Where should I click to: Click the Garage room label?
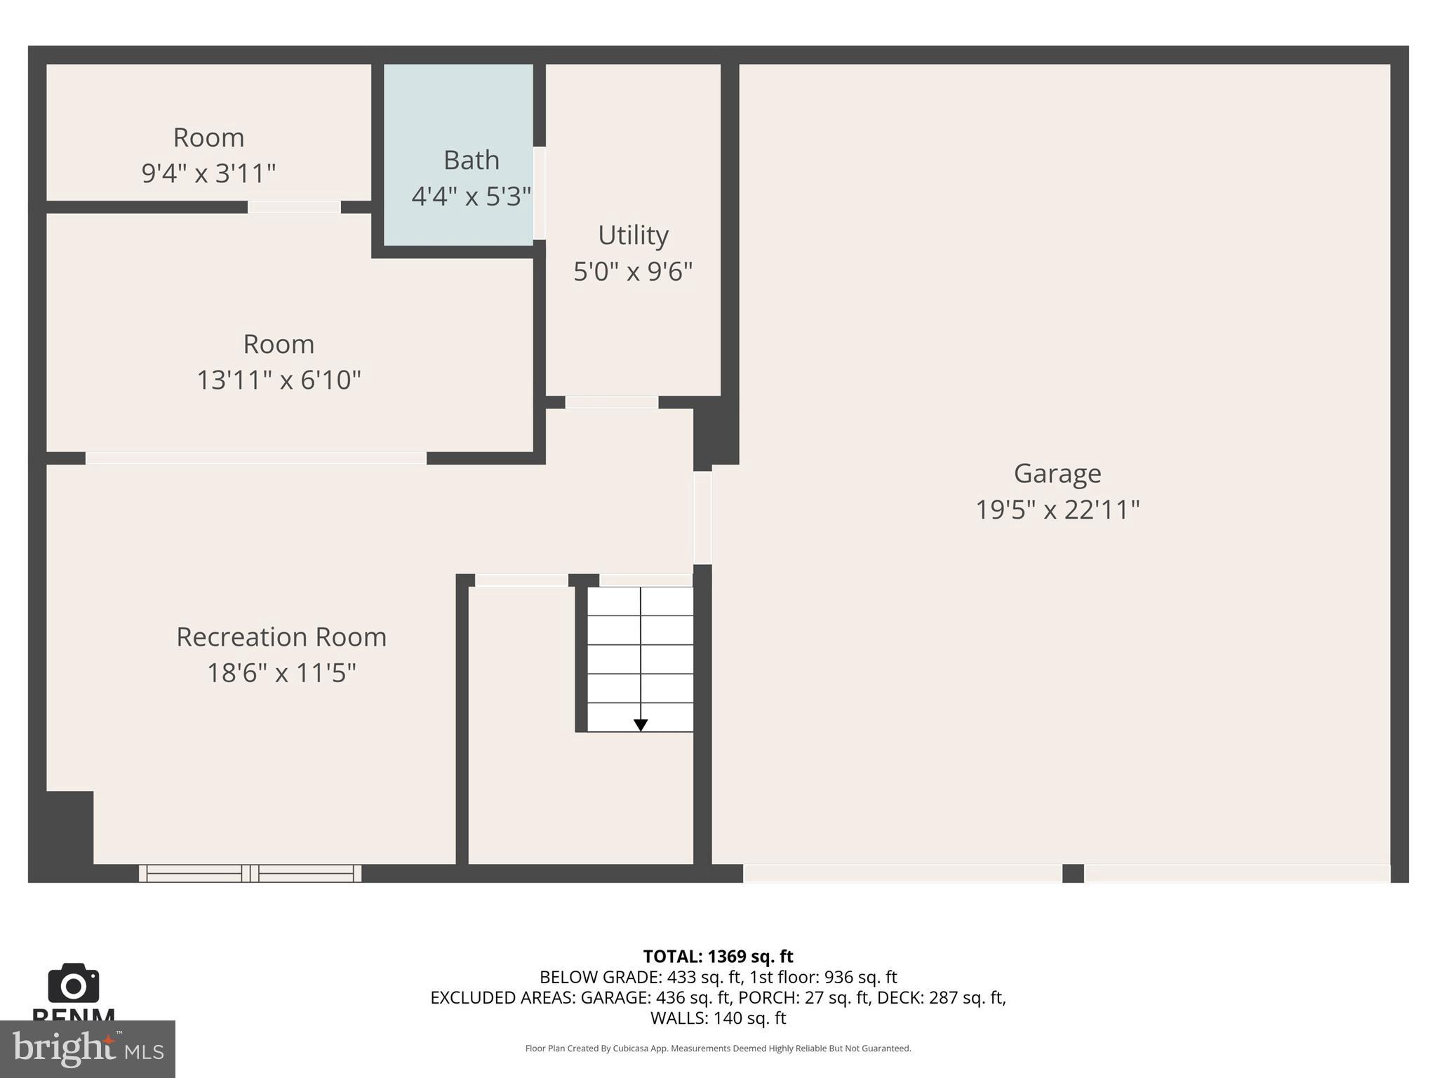[1057, 474]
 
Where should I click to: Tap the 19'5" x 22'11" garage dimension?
[1057, 510]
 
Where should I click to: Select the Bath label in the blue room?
[472, 161]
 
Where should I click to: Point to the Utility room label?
[633, 235]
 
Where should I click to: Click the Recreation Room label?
[281, 637]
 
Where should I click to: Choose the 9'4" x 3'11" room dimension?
[208, 173]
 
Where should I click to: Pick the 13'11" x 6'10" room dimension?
[279, 380]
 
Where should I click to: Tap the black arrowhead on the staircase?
[640, 725]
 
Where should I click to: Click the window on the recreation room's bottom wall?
[250, 873]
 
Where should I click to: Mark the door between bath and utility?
[539, 193]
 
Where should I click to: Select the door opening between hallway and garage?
[702, 517]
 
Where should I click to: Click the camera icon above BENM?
[73, 983]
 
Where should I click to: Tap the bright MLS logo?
[87, 1049]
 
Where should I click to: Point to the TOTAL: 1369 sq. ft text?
[718, 957]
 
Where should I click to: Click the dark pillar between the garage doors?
[1073, 873]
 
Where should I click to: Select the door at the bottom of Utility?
[612, 402]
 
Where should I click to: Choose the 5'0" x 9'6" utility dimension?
[633, 272]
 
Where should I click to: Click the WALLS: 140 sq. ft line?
[718, 1018]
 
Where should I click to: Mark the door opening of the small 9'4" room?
[294, 207]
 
